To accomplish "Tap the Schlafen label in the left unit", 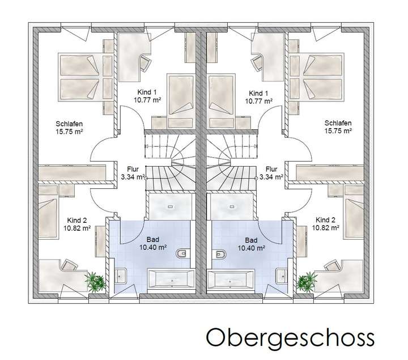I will click(x=67, y=123).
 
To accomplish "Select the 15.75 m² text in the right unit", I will click(x=338, y=131).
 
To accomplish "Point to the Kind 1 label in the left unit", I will click(x=146, y=92).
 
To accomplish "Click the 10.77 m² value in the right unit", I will click(x=259, y=100).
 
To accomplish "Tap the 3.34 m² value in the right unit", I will click(x=271, y=176).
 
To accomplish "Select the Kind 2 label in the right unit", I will click(x=326, y=220).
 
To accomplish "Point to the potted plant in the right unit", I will click(x=307, y=280).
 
